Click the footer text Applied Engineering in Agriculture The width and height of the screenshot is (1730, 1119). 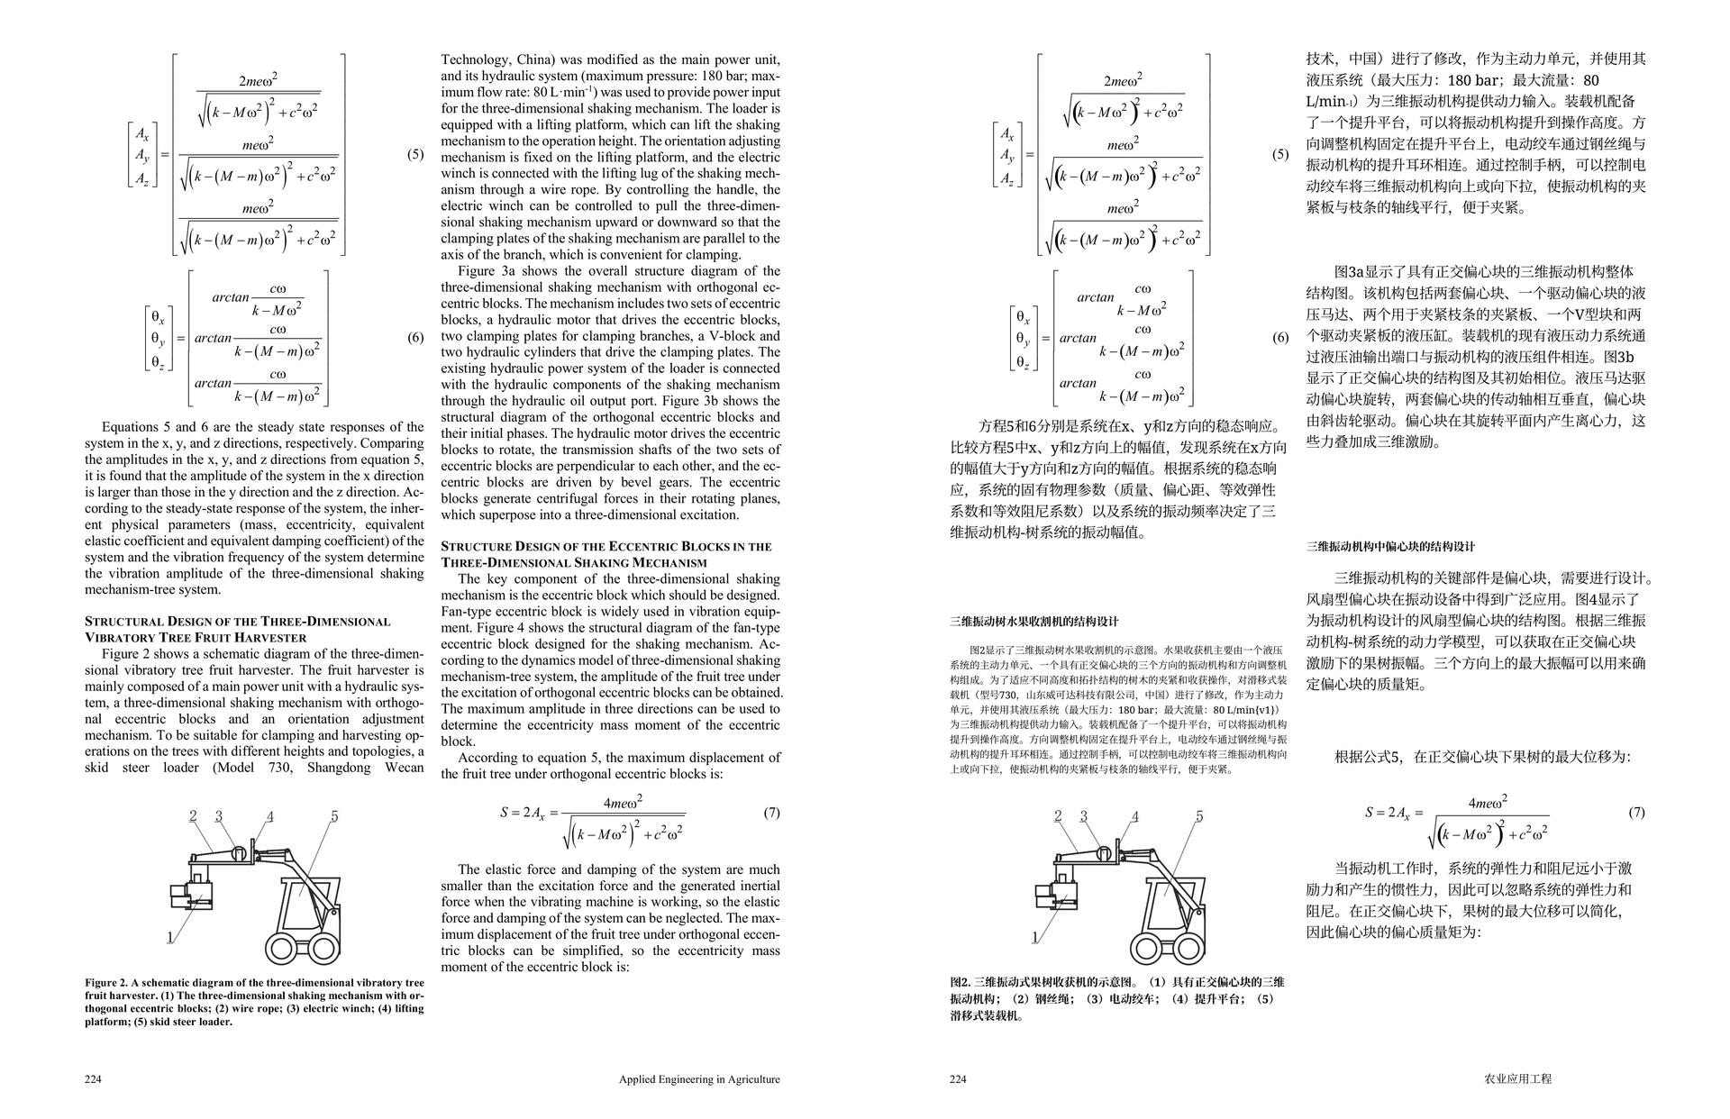pos(699,1078)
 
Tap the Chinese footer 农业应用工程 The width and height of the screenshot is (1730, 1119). pos(1517,1078)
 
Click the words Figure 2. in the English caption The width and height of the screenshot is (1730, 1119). pos(106,982)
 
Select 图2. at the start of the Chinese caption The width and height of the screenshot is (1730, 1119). pos(961,981)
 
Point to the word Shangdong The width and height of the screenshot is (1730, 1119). pos(339,768)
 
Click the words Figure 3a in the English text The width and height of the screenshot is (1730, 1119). pos(487,271)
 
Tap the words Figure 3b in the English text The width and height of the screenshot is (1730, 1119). pos(694,401)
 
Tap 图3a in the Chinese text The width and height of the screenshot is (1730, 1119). pos(1350,271)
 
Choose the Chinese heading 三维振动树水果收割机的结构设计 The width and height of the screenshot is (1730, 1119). pos(1033,622)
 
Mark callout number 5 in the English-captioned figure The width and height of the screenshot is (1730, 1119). pos(334,816)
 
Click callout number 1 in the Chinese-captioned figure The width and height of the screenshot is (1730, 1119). pos(1034,937)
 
